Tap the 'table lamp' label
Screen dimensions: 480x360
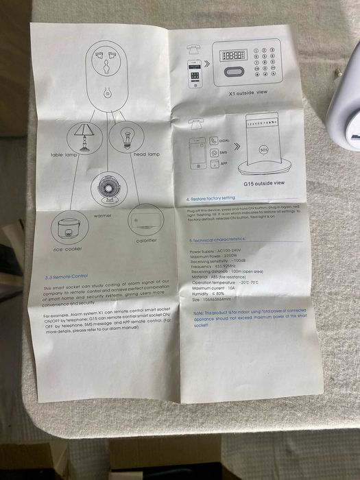tap(65, 155)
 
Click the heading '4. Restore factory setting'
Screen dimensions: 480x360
tap(211, 198)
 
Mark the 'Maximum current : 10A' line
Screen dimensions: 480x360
tap(215, 287)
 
